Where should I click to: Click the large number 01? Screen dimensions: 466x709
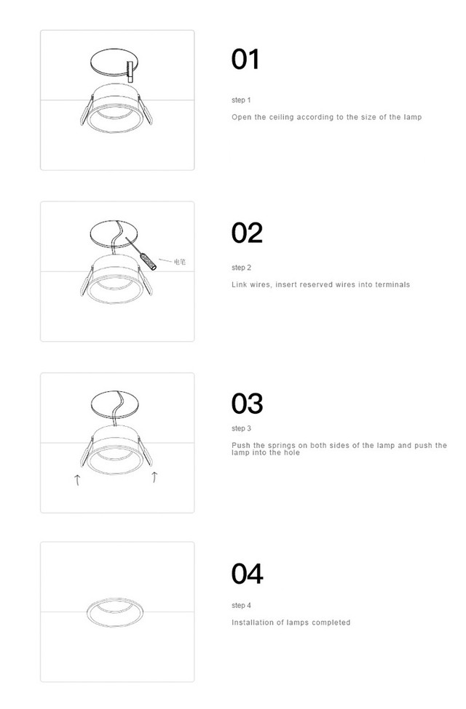coord(245,59)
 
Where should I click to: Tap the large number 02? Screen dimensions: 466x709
coord(247,233)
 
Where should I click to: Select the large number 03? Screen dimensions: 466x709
coord(247,404)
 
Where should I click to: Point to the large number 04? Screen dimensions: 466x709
coord(247,574)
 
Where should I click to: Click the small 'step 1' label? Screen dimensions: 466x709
coord(241,100)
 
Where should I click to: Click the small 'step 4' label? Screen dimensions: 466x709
coord(241,606)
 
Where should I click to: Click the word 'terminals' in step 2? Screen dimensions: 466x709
coord(392,284)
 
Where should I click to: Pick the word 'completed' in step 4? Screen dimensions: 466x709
coord(331,622)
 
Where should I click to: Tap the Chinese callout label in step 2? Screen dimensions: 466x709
coord(180,262)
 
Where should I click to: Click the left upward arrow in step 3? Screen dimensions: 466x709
coord(77,480)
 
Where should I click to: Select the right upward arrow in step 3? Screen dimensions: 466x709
coord(154,476)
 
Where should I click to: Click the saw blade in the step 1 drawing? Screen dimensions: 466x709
coord(130,71)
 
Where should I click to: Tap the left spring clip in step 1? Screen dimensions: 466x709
coord(87,111)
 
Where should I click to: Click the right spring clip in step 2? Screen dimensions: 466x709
coord(145,281)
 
